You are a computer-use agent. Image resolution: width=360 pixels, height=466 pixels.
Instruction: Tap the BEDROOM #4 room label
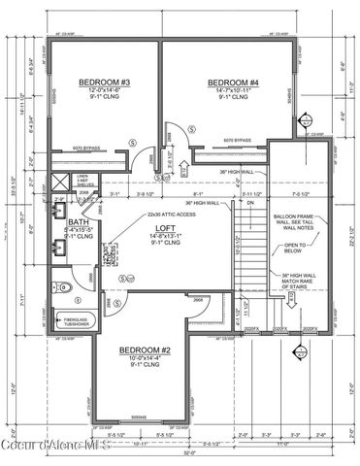click(228, 83)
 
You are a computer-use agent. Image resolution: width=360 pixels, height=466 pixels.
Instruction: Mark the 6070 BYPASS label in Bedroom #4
click(234, 140)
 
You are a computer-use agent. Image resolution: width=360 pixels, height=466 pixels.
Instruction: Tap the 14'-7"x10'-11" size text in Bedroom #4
click(228, 90)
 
